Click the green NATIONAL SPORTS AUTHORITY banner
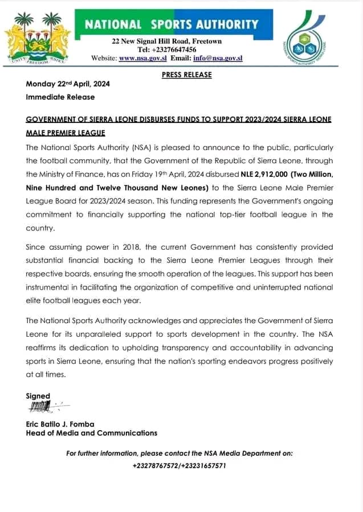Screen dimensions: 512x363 [x=171, y=24]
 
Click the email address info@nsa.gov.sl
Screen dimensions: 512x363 [x=220, y=58]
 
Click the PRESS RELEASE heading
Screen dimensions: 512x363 [x=186, y=75]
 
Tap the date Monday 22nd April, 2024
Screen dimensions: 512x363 [x=68, y=84]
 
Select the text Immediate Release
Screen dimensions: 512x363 [x=60, y=97]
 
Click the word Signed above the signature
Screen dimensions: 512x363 [x=38, y=396]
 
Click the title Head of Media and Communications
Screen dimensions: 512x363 [x=91, y=433]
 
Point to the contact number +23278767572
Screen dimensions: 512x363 [x=156, y=465]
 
